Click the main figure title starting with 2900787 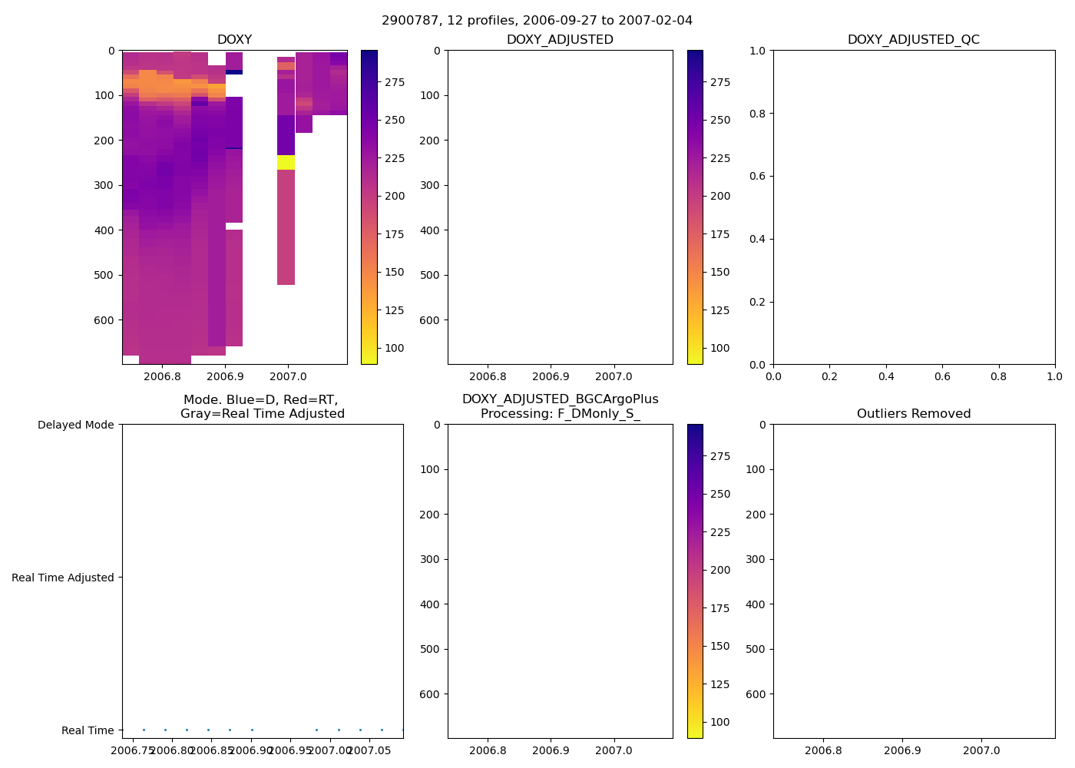537,20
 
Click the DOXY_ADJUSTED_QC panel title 913,40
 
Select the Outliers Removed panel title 913,414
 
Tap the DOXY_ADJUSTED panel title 560,40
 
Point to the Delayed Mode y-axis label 75,425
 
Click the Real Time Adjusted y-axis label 63,578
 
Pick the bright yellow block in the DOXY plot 286,162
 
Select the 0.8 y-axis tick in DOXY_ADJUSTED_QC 758,114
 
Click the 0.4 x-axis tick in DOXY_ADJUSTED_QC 886,376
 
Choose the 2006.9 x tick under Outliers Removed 902,750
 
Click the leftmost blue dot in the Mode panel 144,730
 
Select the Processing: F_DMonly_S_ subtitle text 560,414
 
